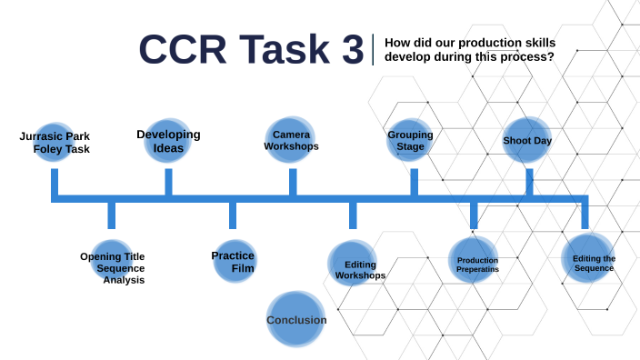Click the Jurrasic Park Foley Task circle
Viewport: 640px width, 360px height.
[x=55, y=142]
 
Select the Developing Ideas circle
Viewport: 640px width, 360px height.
[x=168, y=141]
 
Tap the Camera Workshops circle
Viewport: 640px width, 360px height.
[x=291, y=139]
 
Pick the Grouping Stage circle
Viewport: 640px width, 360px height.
[x=410, y=141]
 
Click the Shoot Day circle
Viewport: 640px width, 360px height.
[x=527, y=141]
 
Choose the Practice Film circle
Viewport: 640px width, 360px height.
[x=233, y=262]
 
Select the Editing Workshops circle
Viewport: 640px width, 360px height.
[x=353, y=265]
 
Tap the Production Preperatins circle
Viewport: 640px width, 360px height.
[x=474, y=261]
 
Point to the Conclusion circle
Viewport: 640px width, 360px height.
[x=296, y=319]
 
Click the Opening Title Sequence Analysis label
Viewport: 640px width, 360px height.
[x=113, y=268]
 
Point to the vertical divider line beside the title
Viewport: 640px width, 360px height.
[x=374, y=49]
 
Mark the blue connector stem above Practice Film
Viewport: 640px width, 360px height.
[x=233, y=215]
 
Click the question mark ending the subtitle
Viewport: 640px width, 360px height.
[x=551, y=56]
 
